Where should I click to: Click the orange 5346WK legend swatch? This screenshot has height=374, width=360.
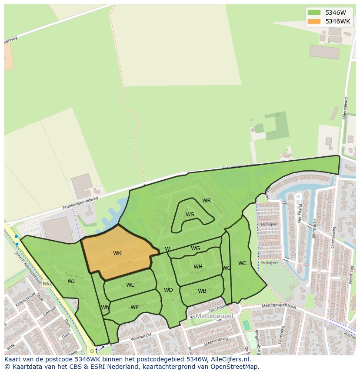313,21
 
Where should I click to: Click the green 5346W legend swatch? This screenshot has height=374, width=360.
313,13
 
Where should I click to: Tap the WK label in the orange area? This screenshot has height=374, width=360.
117,253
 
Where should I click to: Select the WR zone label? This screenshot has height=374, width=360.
207,201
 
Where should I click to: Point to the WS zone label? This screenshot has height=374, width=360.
190,215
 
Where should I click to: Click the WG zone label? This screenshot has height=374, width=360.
196,248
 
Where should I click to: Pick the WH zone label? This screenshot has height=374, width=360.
198,267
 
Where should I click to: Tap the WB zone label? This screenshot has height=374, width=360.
202,291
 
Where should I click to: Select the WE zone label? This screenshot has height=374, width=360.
242,263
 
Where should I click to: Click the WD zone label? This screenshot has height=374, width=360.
168,290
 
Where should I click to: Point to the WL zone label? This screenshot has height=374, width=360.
130,285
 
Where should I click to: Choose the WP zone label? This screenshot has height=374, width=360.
135,307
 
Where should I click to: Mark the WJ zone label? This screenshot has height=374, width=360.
71,281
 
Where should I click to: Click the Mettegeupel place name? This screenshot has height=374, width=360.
214,316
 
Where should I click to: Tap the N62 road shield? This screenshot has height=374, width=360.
47,284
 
